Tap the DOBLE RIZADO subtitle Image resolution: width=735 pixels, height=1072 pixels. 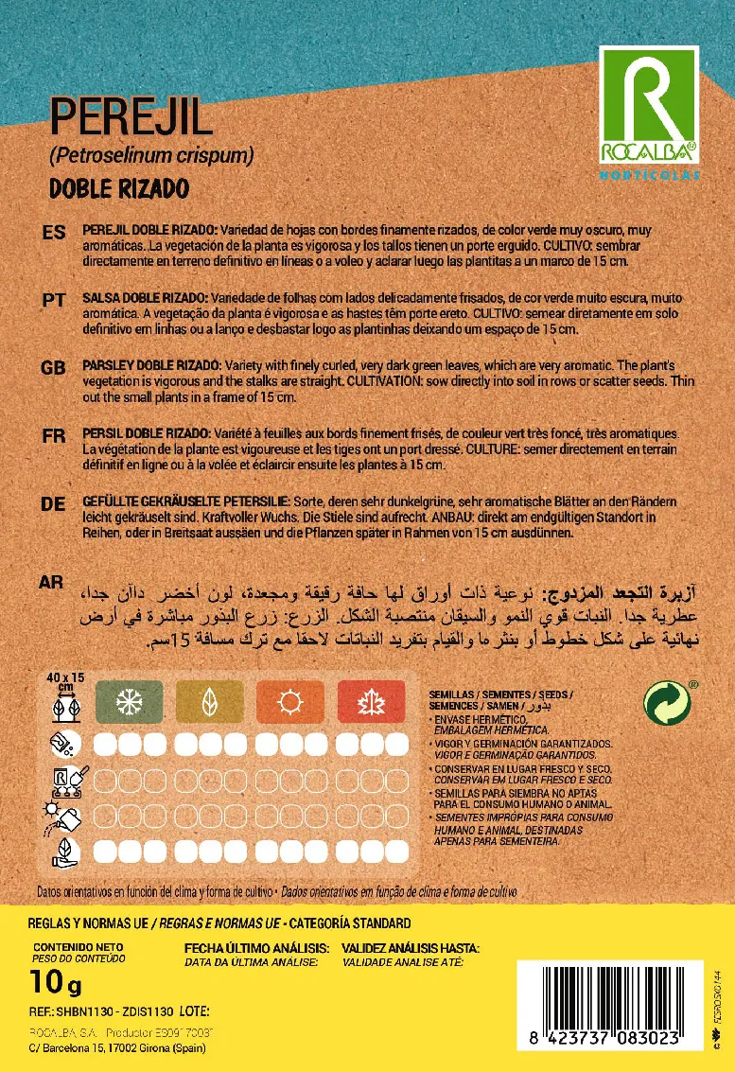click(118, 187)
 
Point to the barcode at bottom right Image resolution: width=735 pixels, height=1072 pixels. click(607, 1005)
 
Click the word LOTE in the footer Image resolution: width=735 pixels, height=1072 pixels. click(192, 1011)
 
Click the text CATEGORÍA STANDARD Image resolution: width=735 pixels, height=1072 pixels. click(350, 923)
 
